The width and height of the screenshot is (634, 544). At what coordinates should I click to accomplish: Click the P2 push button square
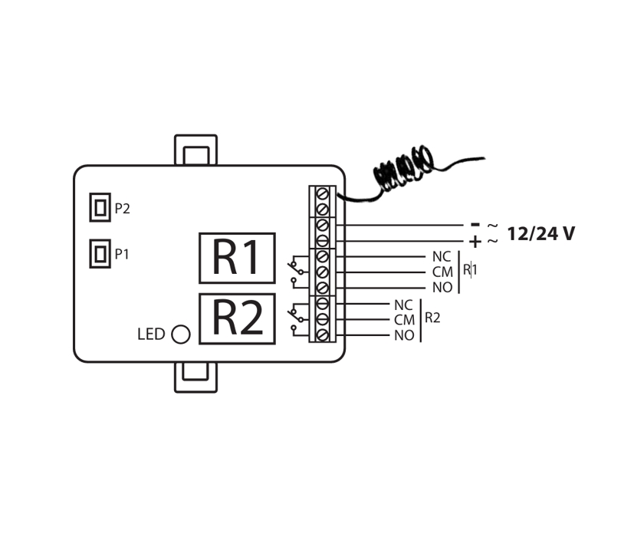click(x=100, y=207)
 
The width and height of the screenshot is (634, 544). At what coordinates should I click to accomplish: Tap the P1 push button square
click(x=100, y=253)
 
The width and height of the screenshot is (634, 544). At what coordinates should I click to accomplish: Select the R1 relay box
click(x=237, y=258)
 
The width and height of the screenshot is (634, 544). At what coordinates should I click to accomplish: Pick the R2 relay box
click(x=237, y=318)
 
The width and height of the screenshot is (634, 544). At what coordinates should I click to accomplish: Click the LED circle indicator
click(x=181, y=335)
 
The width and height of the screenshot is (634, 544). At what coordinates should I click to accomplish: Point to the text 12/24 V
click(x=540, y=234)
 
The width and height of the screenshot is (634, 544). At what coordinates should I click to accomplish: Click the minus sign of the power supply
click(x=475, y=225)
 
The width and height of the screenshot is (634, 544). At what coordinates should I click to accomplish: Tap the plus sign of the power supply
click(x=475, y=242)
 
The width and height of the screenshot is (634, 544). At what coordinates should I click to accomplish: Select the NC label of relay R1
click(x=442, y=257)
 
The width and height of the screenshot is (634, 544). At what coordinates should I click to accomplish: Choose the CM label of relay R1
click(x=443, y=272)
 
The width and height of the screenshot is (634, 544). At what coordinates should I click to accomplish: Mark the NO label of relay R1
click(x=442, y=288)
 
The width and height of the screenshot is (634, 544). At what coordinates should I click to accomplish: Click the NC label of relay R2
click(x=403, y=305)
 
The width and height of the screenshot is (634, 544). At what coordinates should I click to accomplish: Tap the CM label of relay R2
click(x=404, y=320)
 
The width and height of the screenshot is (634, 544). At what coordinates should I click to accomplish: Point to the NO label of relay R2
click(x=404, y=335)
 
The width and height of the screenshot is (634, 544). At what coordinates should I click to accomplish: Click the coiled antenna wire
click(x=402, y=170)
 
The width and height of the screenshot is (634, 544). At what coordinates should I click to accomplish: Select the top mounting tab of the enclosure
click(x=195, y=151)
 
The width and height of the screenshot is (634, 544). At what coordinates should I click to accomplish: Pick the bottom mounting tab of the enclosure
click(x=195, y=376)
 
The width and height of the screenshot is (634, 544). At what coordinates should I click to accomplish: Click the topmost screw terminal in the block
click(x=323, y=193)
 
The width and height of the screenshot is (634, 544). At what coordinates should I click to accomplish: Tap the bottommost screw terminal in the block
click(x=323, y=335)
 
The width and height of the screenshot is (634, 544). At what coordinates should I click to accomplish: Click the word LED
click(x=151, y=335)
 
